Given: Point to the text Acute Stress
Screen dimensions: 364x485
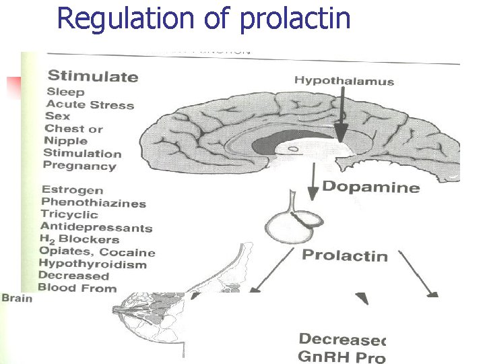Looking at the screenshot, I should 90,104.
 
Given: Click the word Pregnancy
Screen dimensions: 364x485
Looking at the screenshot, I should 79,166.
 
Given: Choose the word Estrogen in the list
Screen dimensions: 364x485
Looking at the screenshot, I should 71,190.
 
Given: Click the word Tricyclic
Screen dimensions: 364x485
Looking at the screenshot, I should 69,214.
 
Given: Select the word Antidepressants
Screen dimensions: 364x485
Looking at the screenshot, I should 96,227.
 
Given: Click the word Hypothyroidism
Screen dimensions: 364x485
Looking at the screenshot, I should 92,264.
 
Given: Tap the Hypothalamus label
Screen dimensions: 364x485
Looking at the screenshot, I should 344,81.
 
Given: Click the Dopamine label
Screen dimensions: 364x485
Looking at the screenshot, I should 380,187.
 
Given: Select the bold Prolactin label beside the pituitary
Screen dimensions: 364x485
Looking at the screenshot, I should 345,255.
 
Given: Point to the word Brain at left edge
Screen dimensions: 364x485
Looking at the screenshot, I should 16,297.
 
